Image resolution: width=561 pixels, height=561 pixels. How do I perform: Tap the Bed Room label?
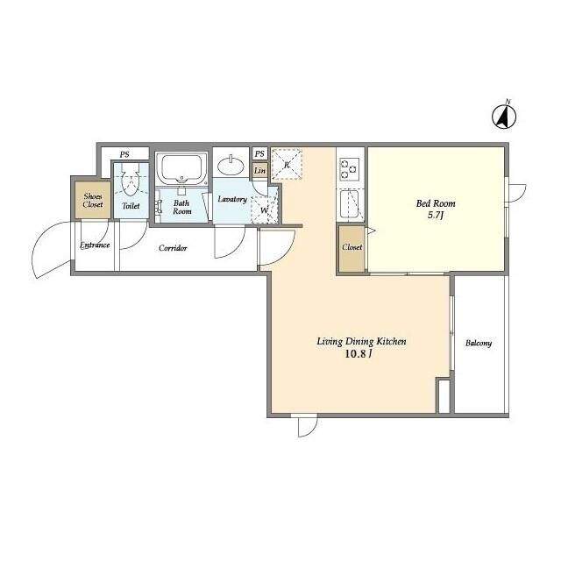tap(436, 203)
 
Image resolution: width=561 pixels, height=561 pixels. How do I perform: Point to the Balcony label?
tap(479, 343)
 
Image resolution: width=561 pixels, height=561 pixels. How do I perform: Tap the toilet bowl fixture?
tap(130, 180)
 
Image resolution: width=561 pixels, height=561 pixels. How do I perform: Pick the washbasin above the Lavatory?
tap(231, 166)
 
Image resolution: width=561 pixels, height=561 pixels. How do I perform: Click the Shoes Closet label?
tap(93, 201)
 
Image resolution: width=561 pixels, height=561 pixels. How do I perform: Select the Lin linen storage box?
tap(259, 171)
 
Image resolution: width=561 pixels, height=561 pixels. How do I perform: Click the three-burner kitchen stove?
tap(350, 169)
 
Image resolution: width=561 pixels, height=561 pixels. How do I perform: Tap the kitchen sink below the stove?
tap(349, 203)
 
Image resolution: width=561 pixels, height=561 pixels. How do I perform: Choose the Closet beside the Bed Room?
tap(352, 247)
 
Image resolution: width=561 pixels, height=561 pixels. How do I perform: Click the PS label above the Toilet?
tap(124, 154)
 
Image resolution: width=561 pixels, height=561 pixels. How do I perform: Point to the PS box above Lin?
tap(259, 154)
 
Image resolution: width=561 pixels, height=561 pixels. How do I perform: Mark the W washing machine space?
tap(264, 210)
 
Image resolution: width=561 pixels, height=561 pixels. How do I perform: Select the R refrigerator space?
tap(287, 165)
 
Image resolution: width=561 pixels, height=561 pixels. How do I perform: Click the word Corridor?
tap(173, 247)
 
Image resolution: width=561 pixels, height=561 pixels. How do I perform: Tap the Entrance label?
tap(95, 245)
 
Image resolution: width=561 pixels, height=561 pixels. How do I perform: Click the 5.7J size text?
tap(436, 216)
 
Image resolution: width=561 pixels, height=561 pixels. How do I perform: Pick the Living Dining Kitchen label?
tap(361, 341)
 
